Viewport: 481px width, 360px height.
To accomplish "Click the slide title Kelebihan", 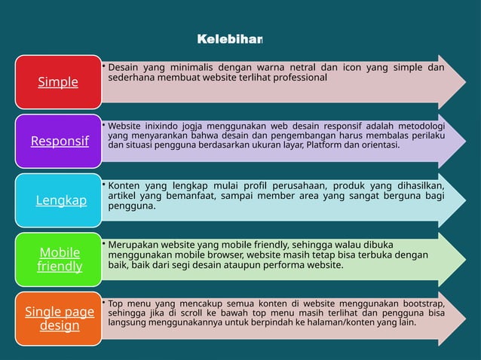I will pyautogui.click(x=229, y=38).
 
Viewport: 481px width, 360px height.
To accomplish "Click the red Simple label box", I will pyautogui.click(x=58, y=81).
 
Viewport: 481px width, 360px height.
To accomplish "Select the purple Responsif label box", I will pyautogui.click(x=58, y=141).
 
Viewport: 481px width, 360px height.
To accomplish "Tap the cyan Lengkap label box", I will pyautogui.click(x=60, y=200).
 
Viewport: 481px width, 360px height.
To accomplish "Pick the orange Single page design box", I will pyautogui.click(x=60, y=319).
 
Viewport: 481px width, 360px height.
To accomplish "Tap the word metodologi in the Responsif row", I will pyautogui.click(x=418, y=125).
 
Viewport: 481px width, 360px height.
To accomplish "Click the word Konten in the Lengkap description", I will pyautogui.click(x=127, y=185).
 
